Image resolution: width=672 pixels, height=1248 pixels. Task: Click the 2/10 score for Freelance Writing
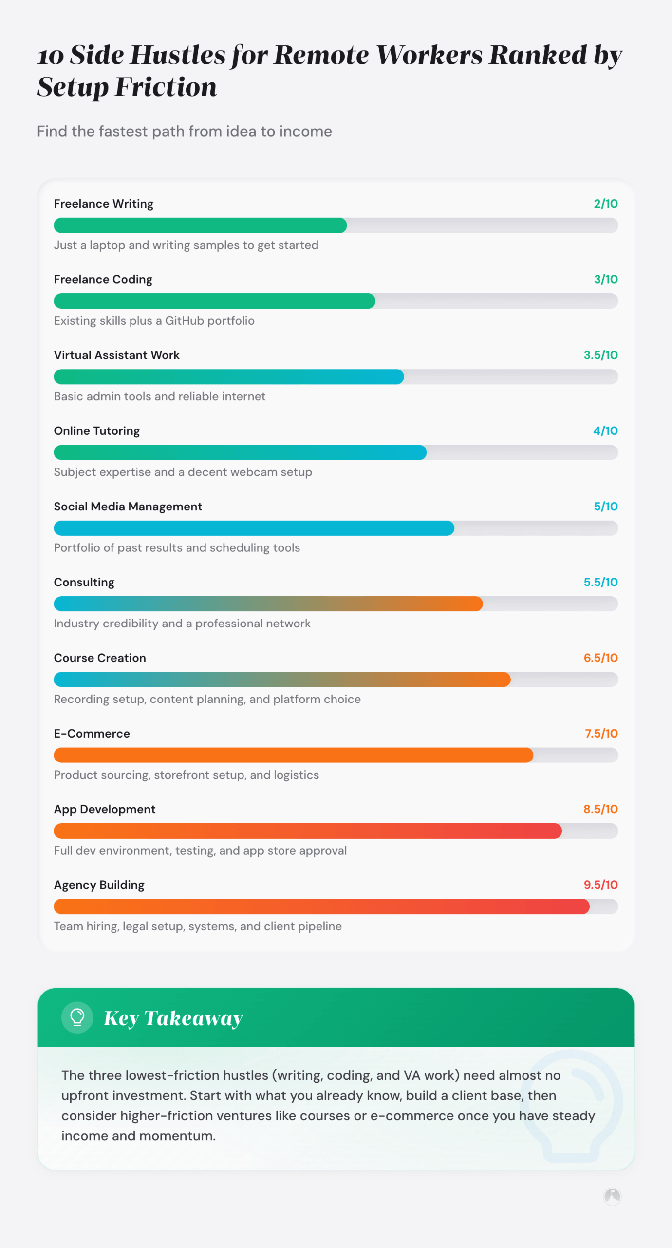(x=605, y=204)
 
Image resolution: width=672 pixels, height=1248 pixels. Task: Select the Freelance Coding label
(x=103, y=279)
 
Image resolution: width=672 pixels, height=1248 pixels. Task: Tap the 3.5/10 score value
(x=600, y=355)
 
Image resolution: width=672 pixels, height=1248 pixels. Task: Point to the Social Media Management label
(x=128, y=507)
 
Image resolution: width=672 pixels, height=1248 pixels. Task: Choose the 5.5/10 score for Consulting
(x=600, y=582)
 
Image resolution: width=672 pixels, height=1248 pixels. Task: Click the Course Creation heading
(x=100, y=658)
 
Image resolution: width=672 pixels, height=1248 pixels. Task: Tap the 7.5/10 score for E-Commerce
(x=601, y=733)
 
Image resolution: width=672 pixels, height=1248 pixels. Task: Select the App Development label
(x=105, y=809)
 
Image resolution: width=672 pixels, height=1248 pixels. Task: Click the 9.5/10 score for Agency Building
(x=600, y=885)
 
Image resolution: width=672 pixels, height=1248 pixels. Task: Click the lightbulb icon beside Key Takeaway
(x=77, y=1017)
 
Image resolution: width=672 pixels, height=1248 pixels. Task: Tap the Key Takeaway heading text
(x=173, y=1018)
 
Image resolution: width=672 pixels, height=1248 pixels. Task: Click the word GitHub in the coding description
(x=184, y=321)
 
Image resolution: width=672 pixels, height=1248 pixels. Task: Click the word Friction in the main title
(x=166, y=87)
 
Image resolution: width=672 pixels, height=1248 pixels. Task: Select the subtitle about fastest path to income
(x=184, y=131)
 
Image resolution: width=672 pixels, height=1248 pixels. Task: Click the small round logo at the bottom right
(x=612, y=1196)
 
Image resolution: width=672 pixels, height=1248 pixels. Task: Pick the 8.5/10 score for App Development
(x=600, y=809)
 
